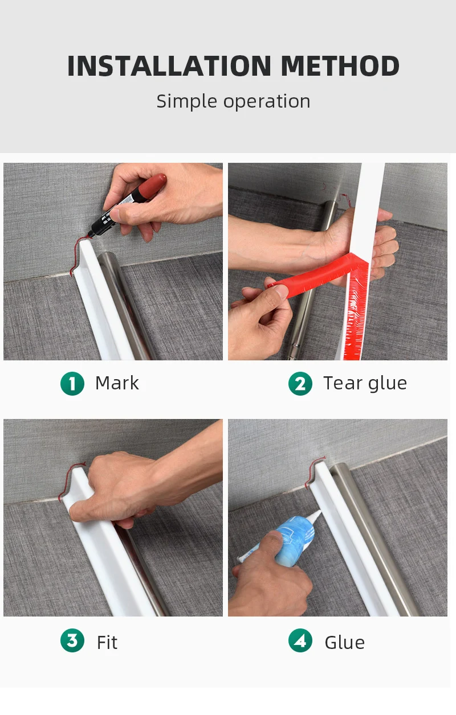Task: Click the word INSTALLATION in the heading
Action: tap(169, 66)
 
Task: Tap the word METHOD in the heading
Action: tap(340, 66)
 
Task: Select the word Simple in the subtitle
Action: tap(187, 102)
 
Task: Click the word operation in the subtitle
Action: tap(267, 102)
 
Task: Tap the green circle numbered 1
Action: tap(72, 383)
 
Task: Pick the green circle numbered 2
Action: tap(300, 383)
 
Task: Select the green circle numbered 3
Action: tap(72, 640)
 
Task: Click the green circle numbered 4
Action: tap(300, 640)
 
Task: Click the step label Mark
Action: tap(117, 383)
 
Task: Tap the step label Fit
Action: tap(107, 642)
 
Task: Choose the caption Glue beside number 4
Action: tap(344, 642)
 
